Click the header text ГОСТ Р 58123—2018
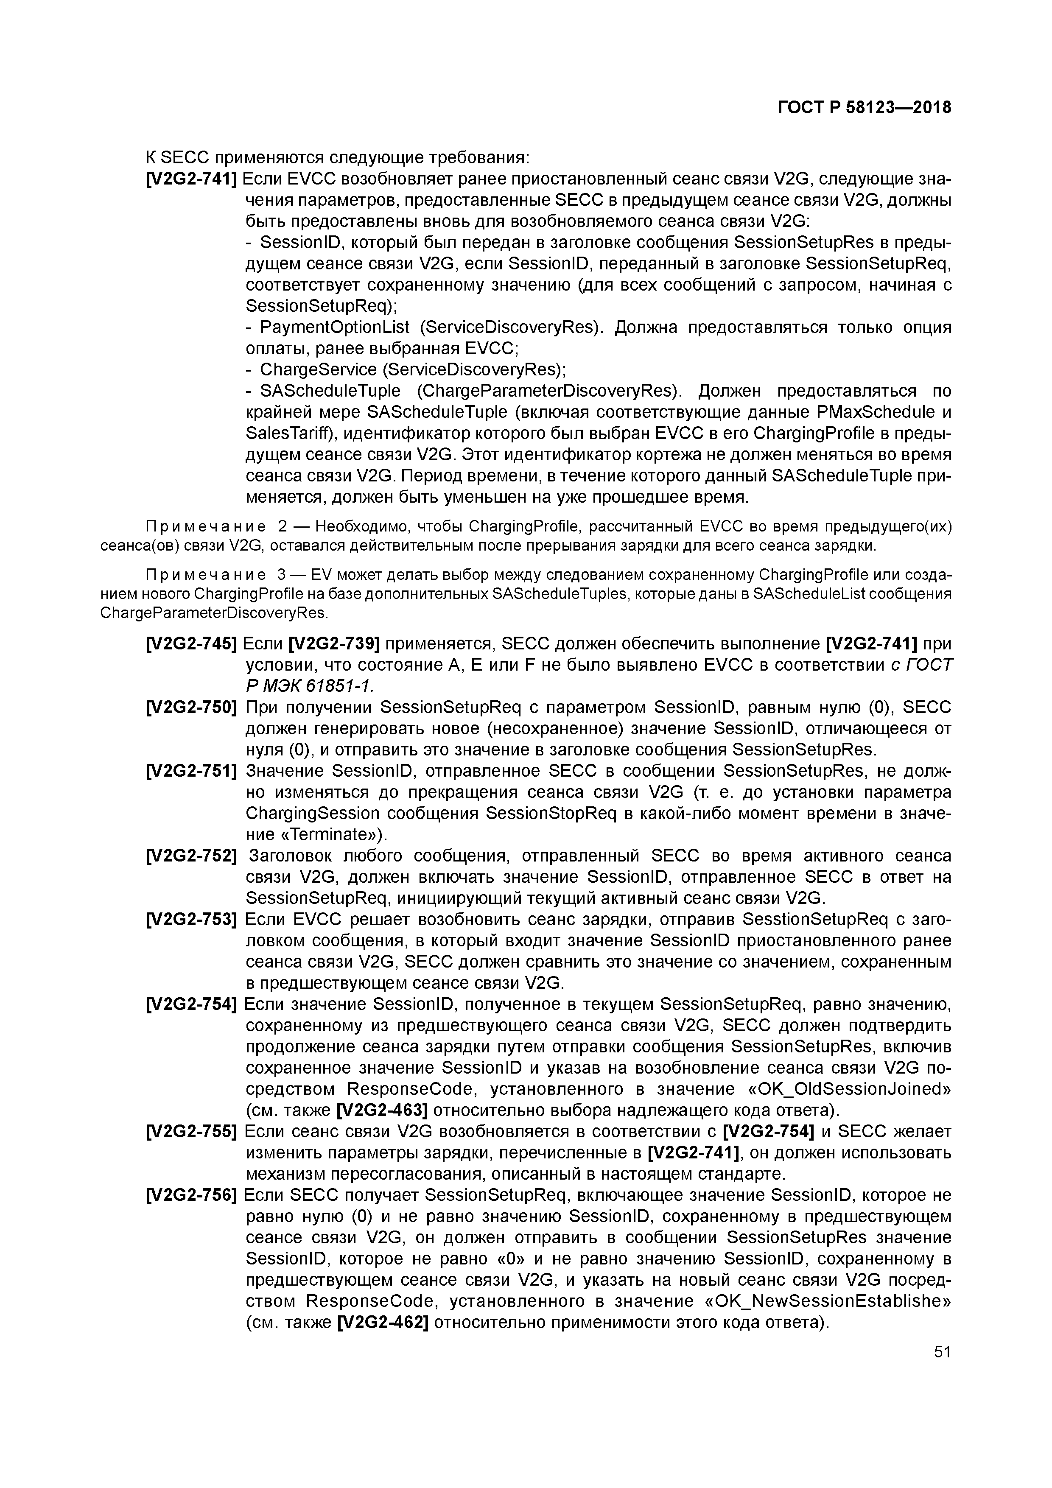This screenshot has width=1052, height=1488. pos(864,108)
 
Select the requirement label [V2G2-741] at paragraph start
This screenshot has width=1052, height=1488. pos(192,179)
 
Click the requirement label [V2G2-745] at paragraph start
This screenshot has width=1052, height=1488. pos(192,643)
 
